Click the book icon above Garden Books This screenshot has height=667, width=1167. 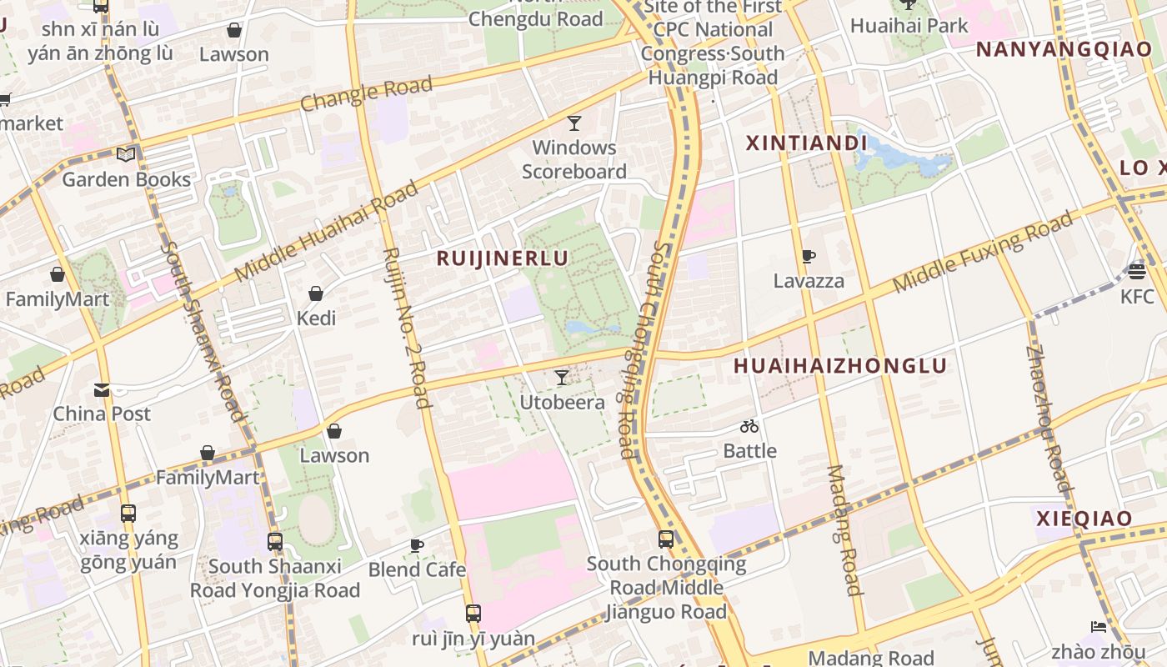click(x=126, y=154)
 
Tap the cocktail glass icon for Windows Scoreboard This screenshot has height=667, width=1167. click(x=574, y=123)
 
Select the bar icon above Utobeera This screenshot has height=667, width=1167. click(x=562, y=378)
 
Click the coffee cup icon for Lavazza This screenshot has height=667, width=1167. click(x=808, y=257)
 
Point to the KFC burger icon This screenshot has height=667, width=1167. click(x=1137, y=271)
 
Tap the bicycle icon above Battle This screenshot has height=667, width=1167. click(x=749, y=427)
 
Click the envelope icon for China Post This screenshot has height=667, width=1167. click(x=102, y=389)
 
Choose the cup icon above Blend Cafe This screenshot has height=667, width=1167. click(x=417, y=545)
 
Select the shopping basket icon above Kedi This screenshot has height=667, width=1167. click(x=316, y=293)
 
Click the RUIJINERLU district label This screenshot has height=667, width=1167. click(x=503, y=258)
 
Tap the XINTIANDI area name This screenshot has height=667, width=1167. click(x=806, y=143)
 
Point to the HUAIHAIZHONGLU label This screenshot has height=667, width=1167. click(x=840, y=366)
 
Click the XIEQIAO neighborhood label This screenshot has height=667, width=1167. click(x=1084, y=519)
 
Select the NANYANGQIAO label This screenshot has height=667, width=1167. click(x=1064, y=49)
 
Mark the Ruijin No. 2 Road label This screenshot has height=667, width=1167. click(x=407, y=327)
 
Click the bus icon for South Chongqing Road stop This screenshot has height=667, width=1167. click(x=666, y=539)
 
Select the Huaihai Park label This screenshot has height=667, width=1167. click(x=909, y=26)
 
